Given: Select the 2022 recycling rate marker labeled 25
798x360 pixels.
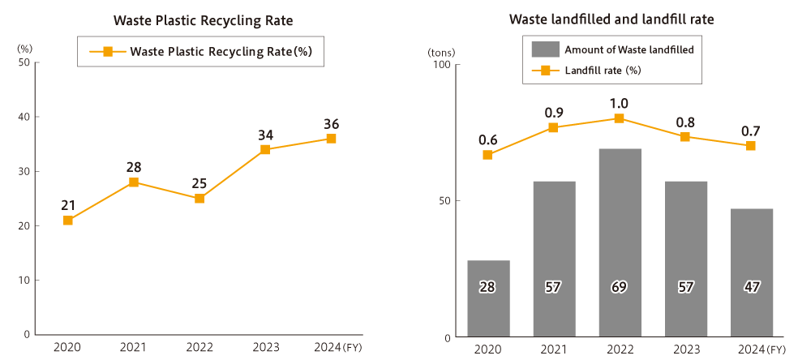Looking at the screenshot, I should click(x=199, y=198).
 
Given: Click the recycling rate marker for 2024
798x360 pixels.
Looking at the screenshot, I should click(x=331, y=139).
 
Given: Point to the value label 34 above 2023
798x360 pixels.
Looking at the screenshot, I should click(x=265, y=134).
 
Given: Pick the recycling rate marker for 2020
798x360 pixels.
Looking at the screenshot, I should click(x=68, y=220).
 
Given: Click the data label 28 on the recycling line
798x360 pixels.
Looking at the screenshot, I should click(x=134, y=167).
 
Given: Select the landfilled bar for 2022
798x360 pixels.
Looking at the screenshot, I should click(x=620, y=243).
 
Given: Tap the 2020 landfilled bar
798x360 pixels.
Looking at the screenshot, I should click(x=488, y=298).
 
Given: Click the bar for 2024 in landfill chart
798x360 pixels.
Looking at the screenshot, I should click(x=751, y=272).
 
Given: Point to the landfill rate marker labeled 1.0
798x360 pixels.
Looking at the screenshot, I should click(x=620, y=118).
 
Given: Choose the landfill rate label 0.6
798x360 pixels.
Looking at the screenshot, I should click(x=487, y=139).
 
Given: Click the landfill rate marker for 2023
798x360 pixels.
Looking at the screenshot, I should click(x=685, y=136).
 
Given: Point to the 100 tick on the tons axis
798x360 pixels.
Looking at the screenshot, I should click(x=441, y=65).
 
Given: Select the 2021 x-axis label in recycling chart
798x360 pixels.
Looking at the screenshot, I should click(x=134, y=348).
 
